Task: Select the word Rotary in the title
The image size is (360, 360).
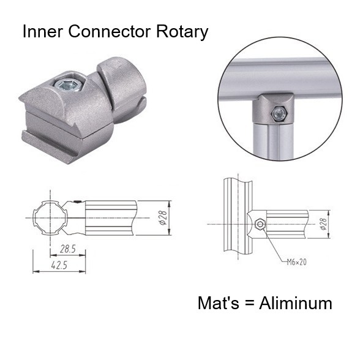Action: click(x=184, y=32)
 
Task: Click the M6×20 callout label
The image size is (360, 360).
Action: click(x=297, y=261)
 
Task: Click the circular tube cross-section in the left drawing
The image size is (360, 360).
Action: click(x=47, y=217)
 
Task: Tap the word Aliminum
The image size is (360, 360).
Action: click(x=296, y=302)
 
